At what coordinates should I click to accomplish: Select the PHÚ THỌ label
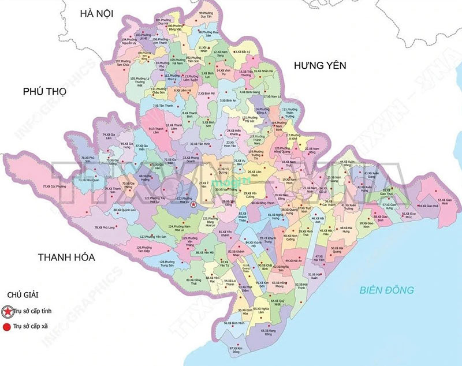[x=45, y=91]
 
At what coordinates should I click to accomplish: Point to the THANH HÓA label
[x=66, y=257]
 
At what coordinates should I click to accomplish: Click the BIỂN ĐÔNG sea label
[x=385, y=289]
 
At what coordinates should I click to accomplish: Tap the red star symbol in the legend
[x=8, y=312]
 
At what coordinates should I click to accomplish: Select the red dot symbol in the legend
[x=8, y=326]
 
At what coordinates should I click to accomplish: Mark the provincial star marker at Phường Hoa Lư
[x=193, y=205]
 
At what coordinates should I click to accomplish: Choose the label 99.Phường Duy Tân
[x=206, y=15]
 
